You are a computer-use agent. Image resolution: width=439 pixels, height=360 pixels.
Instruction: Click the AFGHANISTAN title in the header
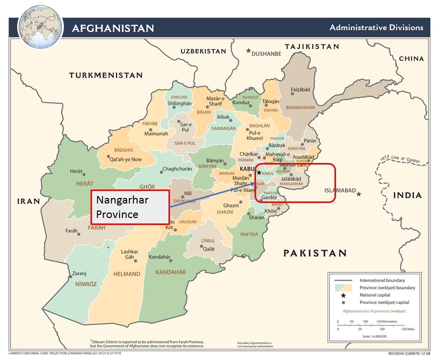click(112, 27)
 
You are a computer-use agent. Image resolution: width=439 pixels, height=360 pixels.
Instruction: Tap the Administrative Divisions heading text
click(376, 27)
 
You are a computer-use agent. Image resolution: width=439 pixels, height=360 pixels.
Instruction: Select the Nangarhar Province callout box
click(130, 207)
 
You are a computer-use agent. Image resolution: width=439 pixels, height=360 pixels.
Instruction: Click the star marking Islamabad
click(359, 193)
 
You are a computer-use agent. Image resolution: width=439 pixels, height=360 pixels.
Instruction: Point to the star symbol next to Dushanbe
click(248, 50)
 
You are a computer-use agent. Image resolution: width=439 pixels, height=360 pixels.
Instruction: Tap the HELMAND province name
click(126, 274)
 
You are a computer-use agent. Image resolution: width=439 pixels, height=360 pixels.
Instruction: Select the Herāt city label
click(76, 171)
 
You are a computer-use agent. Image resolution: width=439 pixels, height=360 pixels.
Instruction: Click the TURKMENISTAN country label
click(105, 75)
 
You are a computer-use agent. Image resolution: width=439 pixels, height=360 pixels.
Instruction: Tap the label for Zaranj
click(79, 273)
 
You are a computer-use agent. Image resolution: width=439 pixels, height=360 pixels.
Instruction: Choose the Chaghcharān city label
click(177, 169)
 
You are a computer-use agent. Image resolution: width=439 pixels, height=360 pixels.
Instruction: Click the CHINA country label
click(411, 58)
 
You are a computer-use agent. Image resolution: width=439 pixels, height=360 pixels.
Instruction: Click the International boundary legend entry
click(382, 280)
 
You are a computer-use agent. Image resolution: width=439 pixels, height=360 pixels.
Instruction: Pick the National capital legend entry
click(375, 295)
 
